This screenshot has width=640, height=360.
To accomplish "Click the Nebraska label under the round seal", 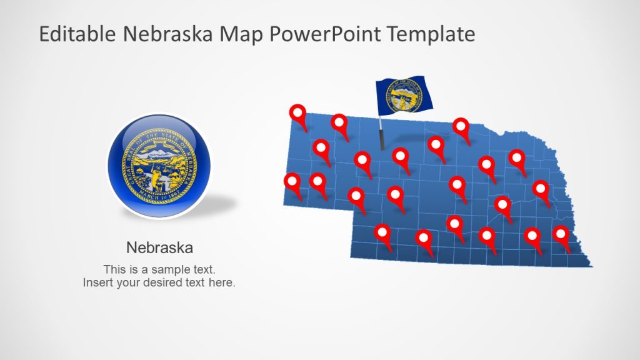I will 159,247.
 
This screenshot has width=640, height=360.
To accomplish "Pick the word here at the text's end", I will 223,282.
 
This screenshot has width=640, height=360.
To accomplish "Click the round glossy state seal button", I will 159,165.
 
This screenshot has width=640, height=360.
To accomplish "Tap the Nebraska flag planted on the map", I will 403,96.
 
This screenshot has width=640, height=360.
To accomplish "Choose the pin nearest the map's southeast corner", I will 561,236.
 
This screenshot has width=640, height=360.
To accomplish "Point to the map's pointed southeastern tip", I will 591,266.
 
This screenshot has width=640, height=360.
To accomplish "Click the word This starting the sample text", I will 115,270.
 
